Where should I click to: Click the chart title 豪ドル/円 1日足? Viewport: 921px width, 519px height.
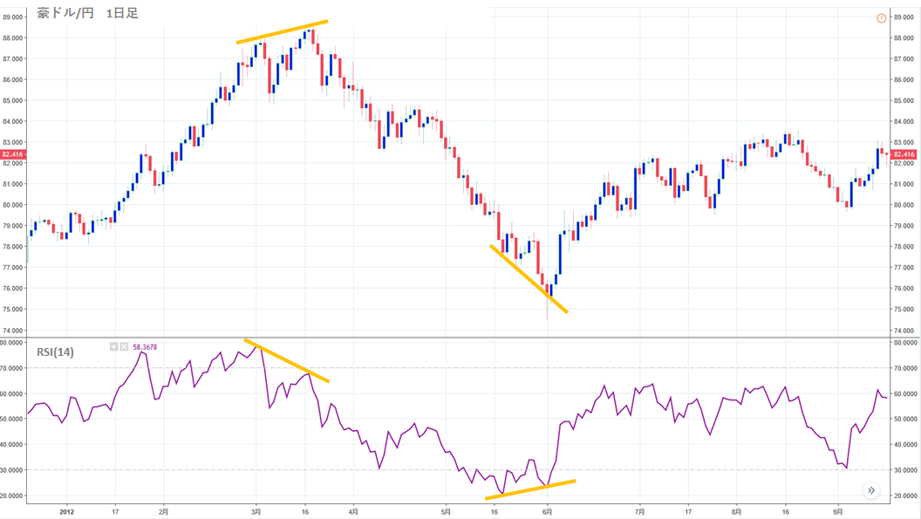pos(88,13)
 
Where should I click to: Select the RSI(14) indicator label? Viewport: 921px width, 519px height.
pos(55,352)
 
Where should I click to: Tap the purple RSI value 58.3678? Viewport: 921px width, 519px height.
pos(145,347)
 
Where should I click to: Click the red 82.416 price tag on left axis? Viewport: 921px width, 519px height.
pos(12,154)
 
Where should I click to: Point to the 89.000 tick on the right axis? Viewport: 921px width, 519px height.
pos(904,17)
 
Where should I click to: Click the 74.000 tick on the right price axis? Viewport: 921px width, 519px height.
pos(904,331)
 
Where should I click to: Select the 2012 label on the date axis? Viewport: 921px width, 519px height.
pos(67,511)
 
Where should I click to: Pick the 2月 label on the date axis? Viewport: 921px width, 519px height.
pos(164,511)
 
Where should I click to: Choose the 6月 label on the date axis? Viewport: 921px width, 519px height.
pos(547,511)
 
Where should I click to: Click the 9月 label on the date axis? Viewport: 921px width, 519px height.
pos(837,511)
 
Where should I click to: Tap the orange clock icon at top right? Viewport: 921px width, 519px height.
pos(881,18)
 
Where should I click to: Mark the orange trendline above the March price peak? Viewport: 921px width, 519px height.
pos(282,31)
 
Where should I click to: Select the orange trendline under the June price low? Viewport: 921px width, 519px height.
pos(529,279)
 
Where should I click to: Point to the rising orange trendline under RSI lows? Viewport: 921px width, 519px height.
pos(530,489)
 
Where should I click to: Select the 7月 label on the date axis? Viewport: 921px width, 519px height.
pos(639,511)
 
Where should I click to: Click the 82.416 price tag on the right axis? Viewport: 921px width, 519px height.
pos(904,154)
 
